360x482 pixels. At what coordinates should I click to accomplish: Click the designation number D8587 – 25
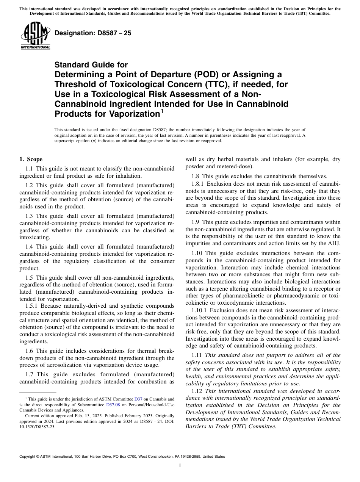93,33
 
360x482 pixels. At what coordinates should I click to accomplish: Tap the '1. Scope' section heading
31,159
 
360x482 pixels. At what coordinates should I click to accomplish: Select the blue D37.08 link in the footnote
113,404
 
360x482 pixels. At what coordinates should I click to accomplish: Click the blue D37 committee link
139,399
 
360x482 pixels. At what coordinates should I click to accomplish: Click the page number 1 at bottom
180,466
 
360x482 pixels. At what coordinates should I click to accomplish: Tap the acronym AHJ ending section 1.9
335,243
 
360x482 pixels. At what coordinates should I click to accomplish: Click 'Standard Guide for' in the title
91,65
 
